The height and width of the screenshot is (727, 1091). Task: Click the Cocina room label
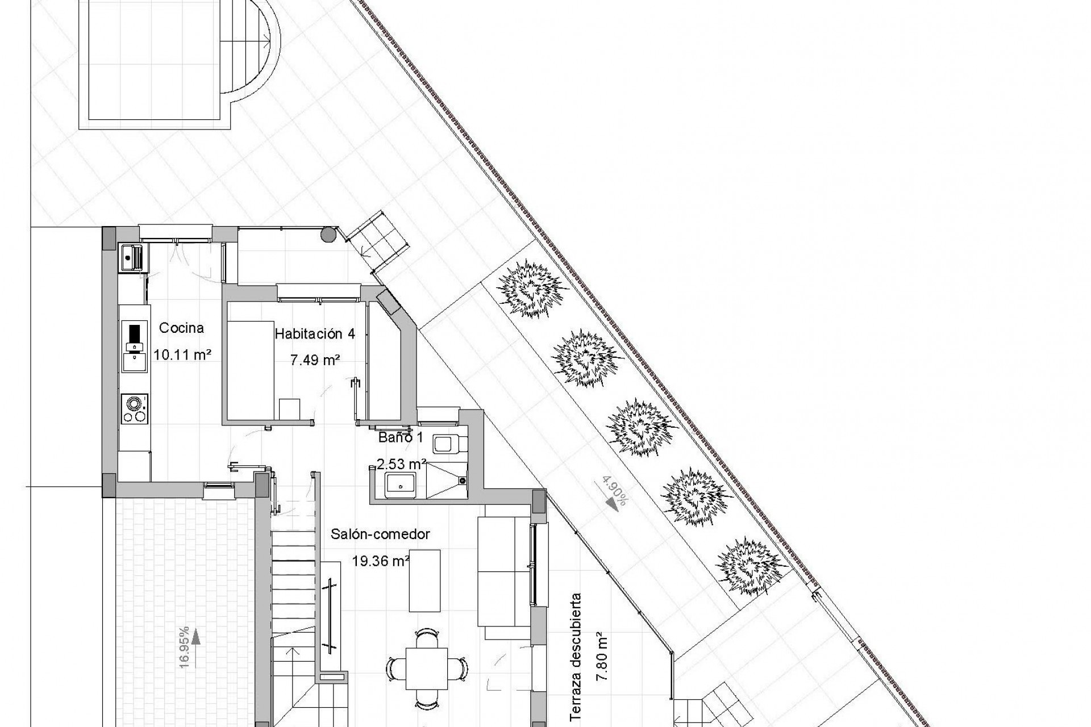click(181, 328)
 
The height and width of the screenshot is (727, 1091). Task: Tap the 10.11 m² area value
click(182, 355)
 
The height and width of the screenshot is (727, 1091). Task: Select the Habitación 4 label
click(315, 334)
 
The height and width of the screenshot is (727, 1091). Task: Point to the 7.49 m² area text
click(315, 360)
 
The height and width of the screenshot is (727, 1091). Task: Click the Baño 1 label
click(401, 437)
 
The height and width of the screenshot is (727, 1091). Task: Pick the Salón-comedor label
click(381, 534)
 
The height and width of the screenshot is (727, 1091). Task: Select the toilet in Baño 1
click(449, 443)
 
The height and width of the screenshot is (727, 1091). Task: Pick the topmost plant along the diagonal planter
click(532, 289)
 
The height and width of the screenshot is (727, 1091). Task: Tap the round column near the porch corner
click(328, 235)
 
